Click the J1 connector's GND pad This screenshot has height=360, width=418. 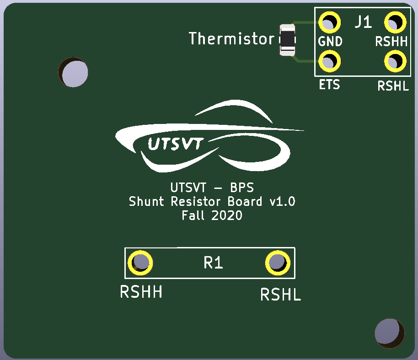click(330, 22)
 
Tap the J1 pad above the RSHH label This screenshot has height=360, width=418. click(395, 22)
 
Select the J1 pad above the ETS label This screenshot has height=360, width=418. click(330, 61)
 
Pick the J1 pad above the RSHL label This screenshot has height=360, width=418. click(395, 61)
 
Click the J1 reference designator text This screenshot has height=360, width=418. click(364, 21)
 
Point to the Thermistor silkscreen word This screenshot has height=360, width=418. click(232, 38)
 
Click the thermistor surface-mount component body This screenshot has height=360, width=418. click(287, 40)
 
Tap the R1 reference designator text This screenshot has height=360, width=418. click(213, 263)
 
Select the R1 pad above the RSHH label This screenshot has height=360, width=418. click(140, 263)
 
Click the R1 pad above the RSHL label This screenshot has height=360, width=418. click(278, 263)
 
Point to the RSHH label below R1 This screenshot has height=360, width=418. click(141, 292)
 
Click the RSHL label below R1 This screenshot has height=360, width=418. click(281, 295)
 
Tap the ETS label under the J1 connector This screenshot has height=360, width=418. click(329, 85)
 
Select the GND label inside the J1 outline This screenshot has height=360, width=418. click(330, 42)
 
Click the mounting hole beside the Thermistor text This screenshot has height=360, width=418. click(73, 72)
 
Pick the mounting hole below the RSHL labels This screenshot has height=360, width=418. click(390, 333)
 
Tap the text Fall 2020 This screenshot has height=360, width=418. click(212, 215)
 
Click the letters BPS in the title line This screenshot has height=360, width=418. click(242, 188)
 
